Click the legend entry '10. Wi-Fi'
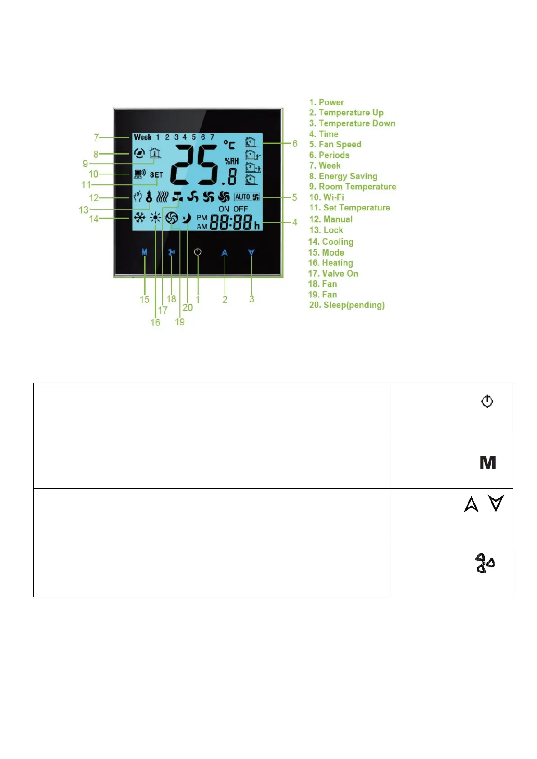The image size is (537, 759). coord(326,197)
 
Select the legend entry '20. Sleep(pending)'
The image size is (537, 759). coord(347,305)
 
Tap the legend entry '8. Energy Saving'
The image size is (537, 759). coord(343,176)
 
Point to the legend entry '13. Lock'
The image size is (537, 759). coord(326,230)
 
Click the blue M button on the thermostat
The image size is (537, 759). coord(144,252)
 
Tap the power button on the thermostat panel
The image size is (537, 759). coord(197,252)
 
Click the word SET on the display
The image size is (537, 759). coord(156,174)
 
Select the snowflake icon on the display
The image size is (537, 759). coord(140,218)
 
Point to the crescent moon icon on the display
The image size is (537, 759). coord(186,219)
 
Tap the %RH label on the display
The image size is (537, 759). coord(232,161)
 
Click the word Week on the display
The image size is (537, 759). coord(142,137)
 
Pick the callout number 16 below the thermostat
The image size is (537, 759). coord(155,322)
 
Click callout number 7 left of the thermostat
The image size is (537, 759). coord(96,137)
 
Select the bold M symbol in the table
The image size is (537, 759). coord(487,463)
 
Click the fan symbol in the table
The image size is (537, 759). coord(485,563)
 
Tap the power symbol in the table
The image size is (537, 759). coord(487,401)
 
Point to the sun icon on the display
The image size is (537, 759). coord(156,218)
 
